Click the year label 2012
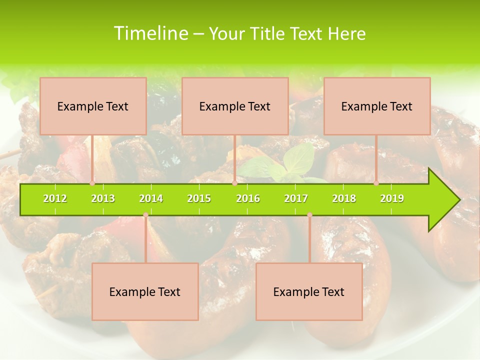coord(55,198)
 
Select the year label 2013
coord(103,198)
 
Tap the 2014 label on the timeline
coord(151,198)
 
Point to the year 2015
coord(199,198)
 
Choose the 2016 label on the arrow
coord(248,198)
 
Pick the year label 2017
coord(296,198)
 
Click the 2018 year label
coord(344,198)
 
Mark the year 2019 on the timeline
coord(392,198)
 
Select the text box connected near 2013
coord(93,106)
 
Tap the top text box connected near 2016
coord(235,106)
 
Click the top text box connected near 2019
coord(377,106)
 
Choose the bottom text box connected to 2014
coord(145,291)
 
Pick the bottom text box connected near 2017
coord(309,291)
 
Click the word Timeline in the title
coord(150,33)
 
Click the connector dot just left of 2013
coord(92,183)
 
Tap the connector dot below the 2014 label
coord(145,215)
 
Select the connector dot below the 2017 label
coord(309,215)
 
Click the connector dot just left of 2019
coord(376,183)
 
